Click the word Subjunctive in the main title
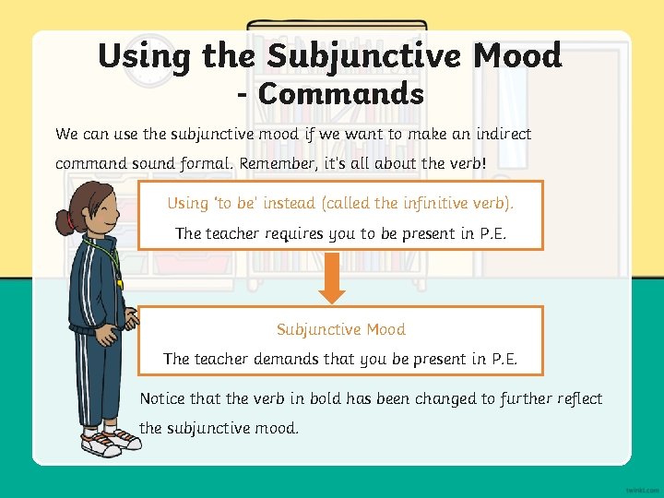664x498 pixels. (364, 56)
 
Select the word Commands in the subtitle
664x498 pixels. (341, 94)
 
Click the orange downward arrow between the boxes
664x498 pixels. (332, 280)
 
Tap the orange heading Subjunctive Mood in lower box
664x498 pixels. (340, 329)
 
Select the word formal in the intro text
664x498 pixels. (205, 163)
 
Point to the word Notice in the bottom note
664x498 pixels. (162, 398)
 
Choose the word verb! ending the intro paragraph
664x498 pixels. (465, 163)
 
